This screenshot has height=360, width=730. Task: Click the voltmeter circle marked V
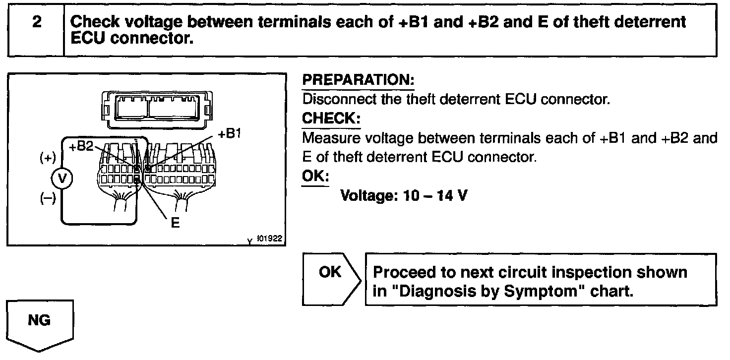[61, 179]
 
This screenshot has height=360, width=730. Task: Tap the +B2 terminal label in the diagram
[80, 147]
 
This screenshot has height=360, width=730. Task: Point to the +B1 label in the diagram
[229, 134]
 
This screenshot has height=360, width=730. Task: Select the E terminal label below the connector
[175, 223]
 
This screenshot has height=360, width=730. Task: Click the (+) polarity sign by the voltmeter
[48, 159]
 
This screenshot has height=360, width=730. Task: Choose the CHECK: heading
[331, 119]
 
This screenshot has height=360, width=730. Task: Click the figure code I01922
[269, 239]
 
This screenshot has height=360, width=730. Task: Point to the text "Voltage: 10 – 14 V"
[403, 196]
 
